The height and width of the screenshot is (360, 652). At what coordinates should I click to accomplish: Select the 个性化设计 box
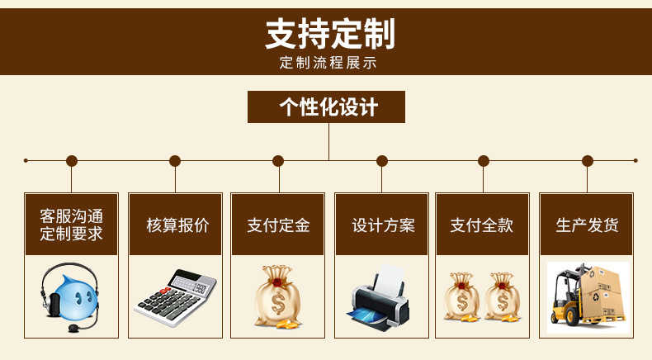click(x=327, y=107)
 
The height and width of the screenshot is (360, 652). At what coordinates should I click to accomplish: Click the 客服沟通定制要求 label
click(x=72, y=225)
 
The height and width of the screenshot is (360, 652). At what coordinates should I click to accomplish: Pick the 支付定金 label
click(x=278, y=225)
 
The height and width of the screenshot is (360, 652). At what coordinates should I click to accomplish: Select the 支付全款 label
click(x=482, y=225)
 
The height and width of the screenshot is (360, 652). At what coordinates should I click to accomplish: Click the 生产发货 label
click(x=587, y=225)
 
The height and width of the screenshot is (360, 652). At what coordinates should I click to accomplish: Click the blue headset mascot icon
click(x=69, y=296)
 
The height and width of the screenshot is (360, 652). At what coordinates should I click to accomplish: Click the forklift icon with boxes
click(x=587, y=296)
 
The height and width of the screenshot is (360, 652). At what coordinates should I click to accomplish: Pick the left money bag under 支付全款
click(x=462, y=297)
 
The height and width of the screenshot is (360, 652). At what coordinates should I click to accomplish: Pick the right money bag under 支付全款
click(x=502, y=297)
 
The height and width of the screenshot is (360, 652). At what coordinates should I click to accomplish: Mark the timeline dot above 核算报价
click(x=175, y=161)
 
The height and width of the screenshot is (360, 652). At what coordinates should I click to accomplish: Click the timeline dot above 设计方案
click(x=381, y=161)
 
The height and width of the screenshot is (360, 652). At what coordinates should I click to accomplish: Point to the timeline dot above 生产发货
click(x=588, y=161)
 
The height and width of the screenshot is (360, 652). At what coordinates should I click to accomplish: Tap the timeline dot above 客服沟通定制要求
click(x=72, y=161)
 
